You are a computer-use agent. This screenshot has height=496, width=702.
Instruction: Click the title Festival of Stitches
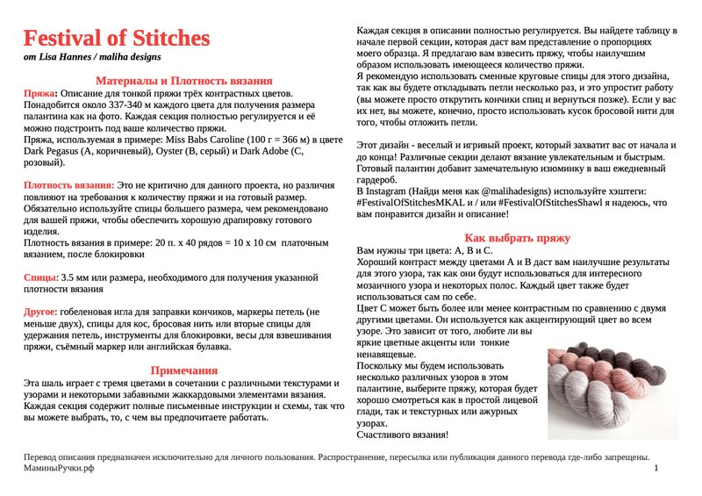tap(117, 39)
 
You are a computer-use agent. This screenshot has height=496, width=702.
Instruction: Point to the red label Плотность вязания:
tap(68, 186)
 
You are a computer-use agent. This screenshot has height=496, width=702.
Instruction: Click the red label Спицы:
tap(40, 277)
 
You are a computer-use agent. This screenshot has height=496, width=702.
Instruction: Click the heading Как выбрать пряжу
tap(517, 238)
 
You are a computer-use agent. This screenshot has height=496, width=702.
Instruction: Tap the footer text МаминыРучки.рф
tap(60, 470)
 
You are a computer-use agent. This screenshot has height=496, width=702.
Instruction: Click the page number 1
tap(656, 470)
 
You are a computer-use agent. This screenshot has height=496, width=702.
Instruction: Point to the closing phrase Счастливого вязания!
tap(402, 434)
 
